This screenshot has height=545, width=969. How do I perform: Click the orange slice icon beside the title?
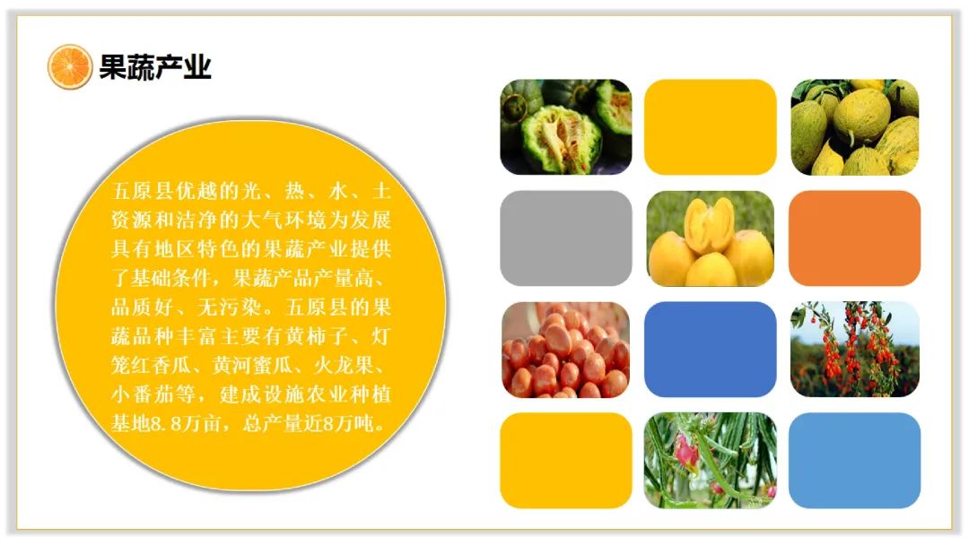pos(70,66)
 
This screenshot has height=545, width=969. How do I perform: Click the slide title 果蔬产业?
pos(155,66)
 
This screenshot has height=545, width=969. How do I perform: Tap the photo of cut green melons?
pos(565,127)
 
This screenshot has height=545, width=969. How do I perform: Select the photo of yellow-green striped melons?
pos(855,127)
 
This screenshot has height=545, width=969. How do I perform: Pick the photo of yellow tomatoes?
pos(710,238)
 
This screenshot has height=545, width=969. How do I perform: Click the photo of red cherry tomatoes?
pos(565,350)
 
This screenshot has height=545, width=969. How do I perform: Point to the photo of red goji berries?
pos(855,350)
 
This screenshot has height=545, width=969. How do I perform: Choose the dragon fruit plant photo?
pos(710,461)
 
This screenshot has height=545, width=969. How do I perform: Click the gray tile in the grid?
pos(565,238)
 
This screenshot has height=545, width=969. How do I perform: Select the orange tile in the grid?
pos(855,238)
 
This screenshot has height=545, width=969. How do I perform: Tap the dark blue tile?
pos(710,350)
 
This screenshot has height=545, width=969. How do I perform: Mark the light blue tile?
pos(855,461)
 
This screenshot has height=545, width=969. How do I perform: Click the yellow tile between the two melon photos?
pos(710,127)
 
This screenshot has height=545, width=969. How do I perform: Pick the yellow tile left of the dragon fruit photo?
pos(565,461)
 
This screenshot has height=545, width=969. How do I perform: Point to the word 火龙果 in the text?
pos(344,366)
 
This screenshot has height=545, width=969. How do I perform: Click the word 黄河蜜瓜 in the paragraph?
pos(252,366)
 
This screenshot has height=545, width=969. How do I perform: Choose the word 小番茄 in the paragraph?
pos(142,394)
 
